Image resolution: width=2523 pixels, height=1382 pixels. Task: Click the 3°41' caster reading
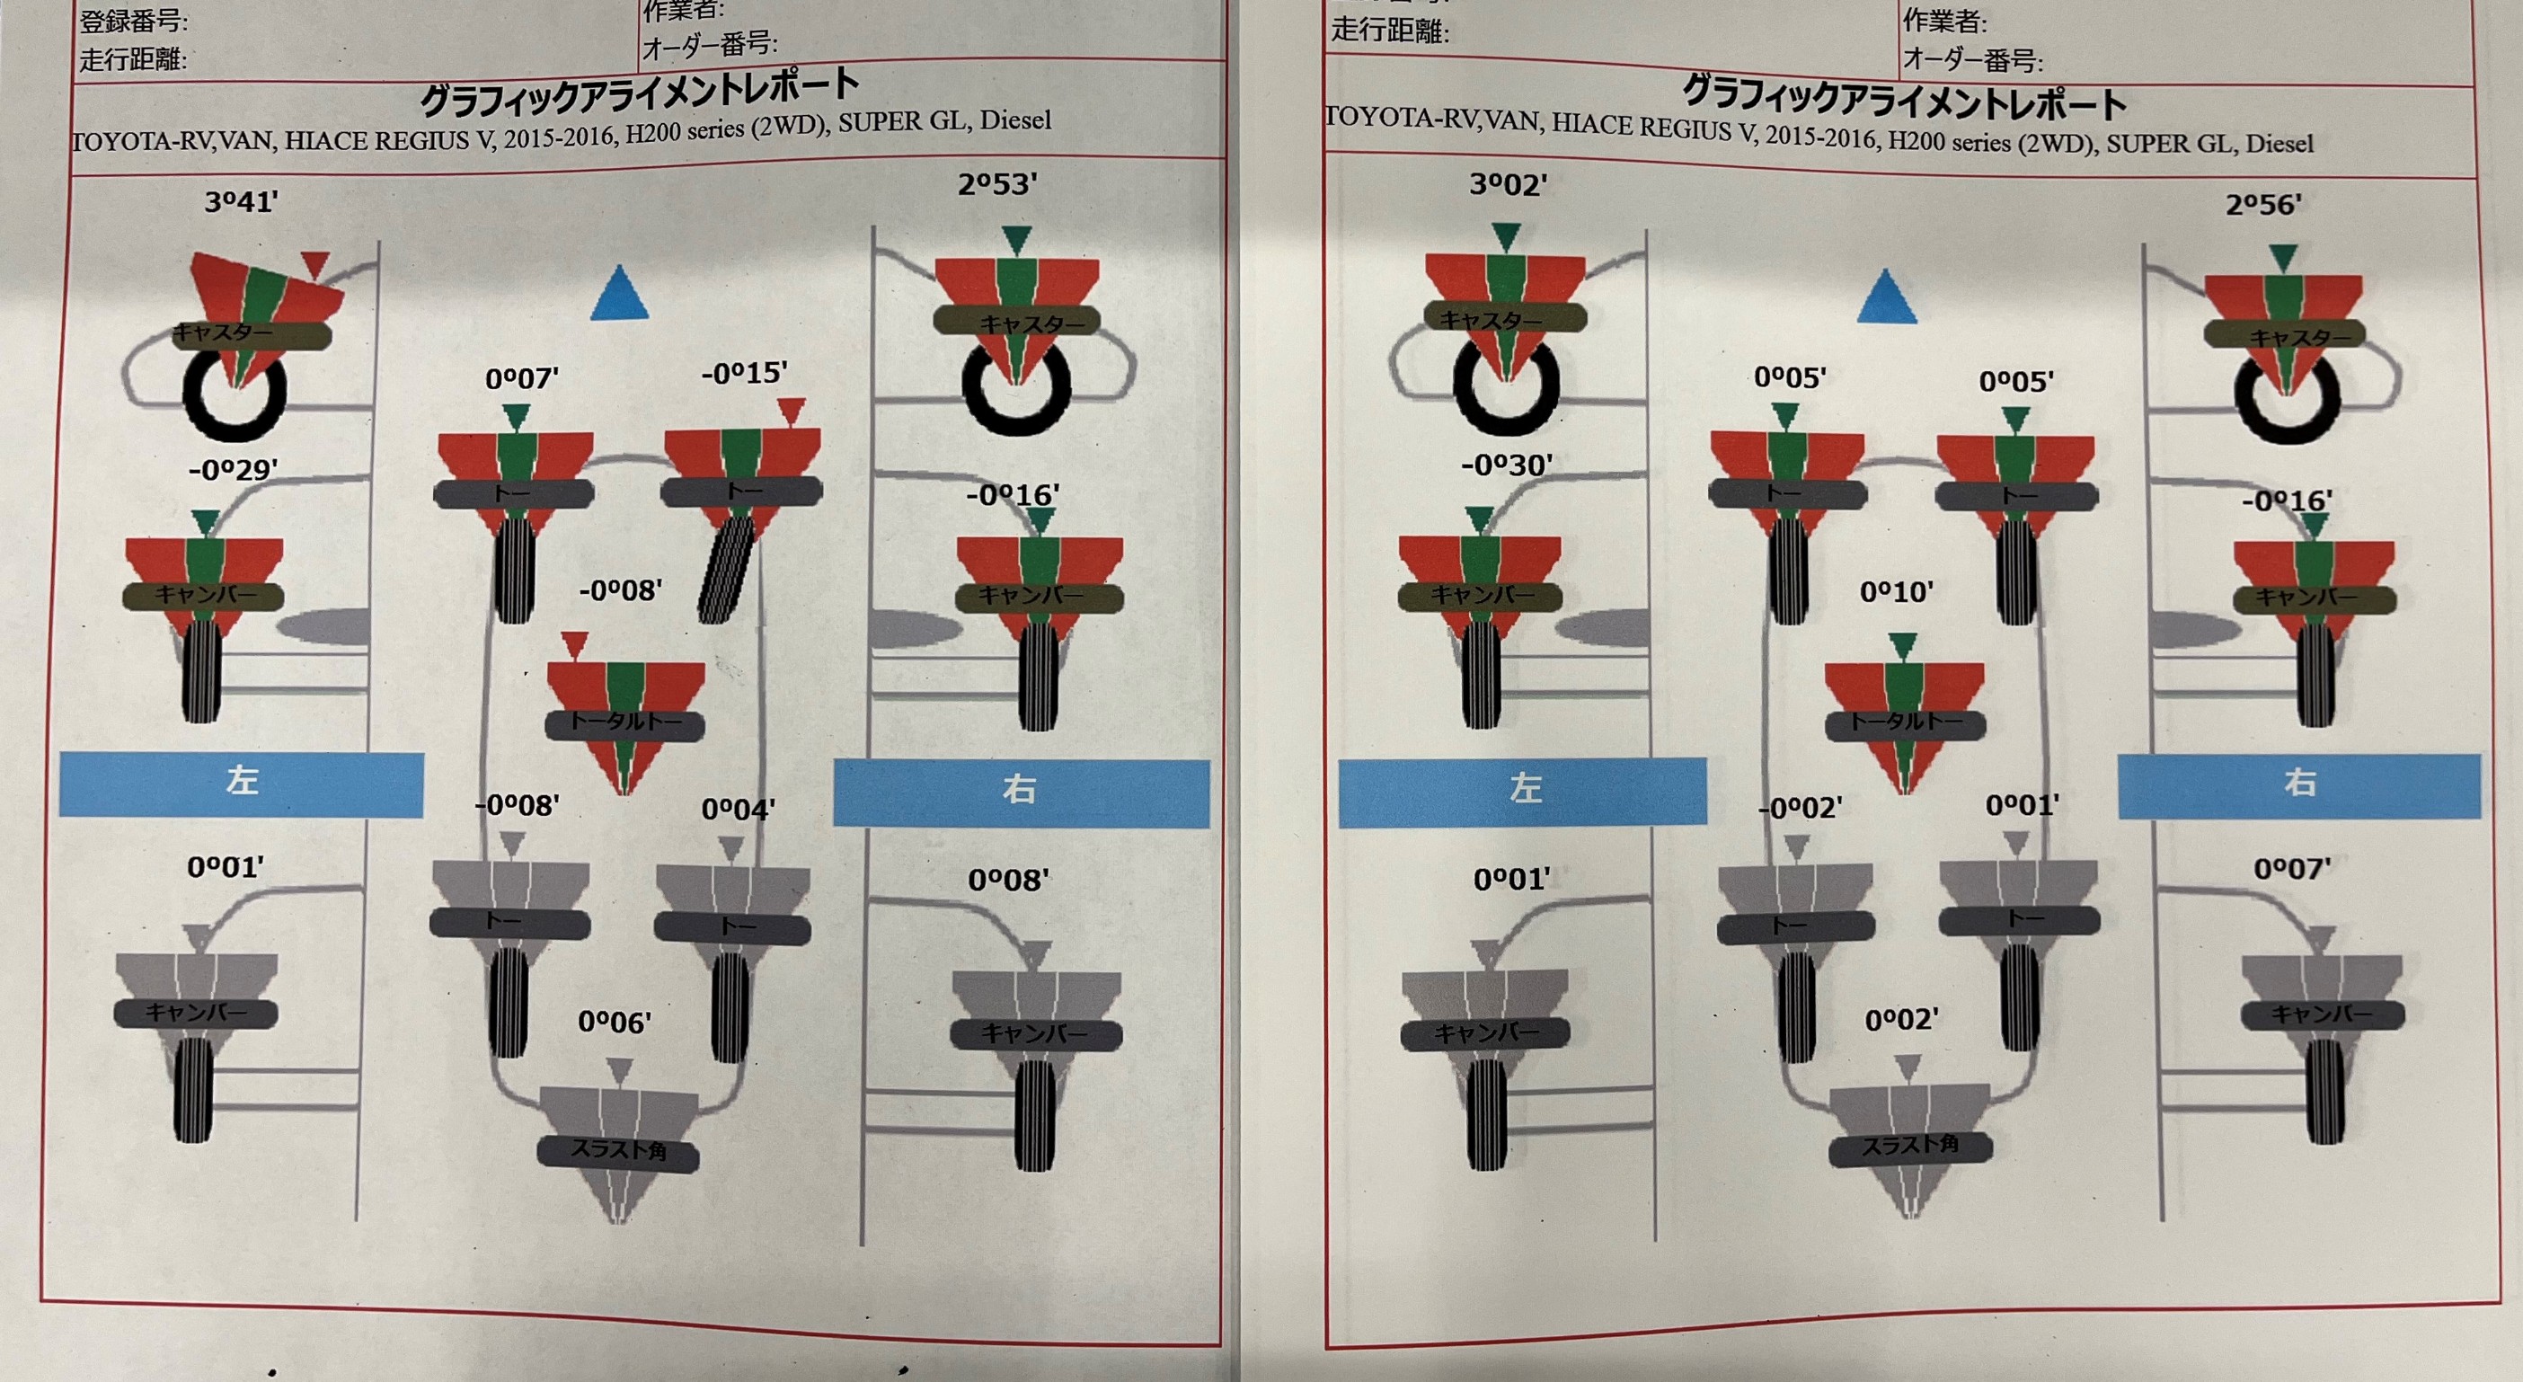(241, 202)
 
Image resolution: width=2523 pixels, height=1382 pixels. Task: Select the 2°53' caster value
(997, 184)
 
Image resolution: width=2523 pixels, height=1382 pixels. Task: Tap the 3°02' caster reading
(1509, 184)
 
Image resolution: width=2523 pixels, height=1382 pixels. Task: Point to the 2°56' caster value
(2263, 205)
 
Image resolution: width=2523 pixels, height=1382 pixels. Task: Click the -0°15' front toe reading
(744, 373)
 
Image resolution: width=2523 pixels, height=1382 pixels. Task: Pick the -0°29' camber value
(233, 470)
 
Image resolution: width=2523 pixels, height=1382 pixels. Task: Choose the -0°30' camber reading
(1507, 465)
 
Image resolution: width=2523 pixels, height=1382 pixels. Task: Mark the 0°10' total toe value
(1896, 591)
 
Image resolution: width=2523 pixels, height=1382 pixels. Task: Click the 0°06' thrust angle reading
(614, 1023)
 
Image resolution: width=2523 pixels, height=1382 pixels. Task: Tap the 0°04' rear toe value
(738, 809)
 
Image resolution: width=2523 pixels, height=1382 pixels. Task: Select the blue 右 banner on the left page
(1021, 791)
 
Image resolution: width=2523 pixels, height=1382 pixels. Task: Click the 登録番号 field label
(134, 21)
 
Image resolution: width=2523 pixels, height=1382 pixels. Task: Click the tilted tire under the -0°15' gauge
(727, 568)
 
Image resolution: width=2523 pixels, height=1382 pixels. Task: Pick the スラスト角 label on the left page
(618, 1150)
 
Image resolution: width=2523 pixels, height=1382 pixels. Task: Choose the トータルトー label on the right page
(1905, 722)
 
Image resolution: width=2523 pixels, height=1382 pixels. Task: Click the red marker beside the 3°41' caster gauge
(314, 263)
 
